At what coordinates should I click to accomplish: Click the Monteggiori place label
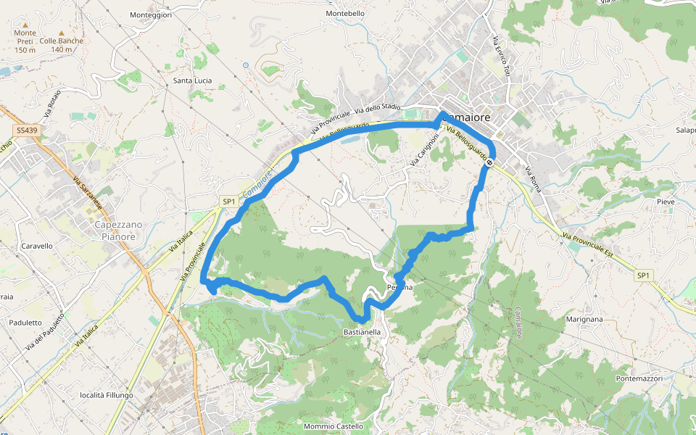(x=151, y=14)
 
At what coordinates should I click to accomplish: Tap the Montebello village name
(x=346, y=13)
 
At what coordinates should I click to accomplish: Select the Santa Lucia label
(x=192, y=80)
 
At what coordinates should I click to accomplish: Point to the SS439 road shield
(x=25, y=130)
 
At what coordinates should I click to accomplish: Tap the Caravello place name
(x=37, y=246)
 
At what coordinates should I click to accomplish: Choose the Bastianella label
(x=362, y=332)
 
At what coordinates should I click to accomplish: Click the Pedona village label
(x=399, y=287)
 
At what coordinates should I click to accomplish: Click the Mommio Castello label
(x=333, y=426)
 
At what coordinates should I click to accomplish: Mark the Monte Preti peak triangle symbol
(x=25, y=25)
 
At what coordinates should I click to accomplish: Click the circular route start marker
(x=490, y=162)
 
